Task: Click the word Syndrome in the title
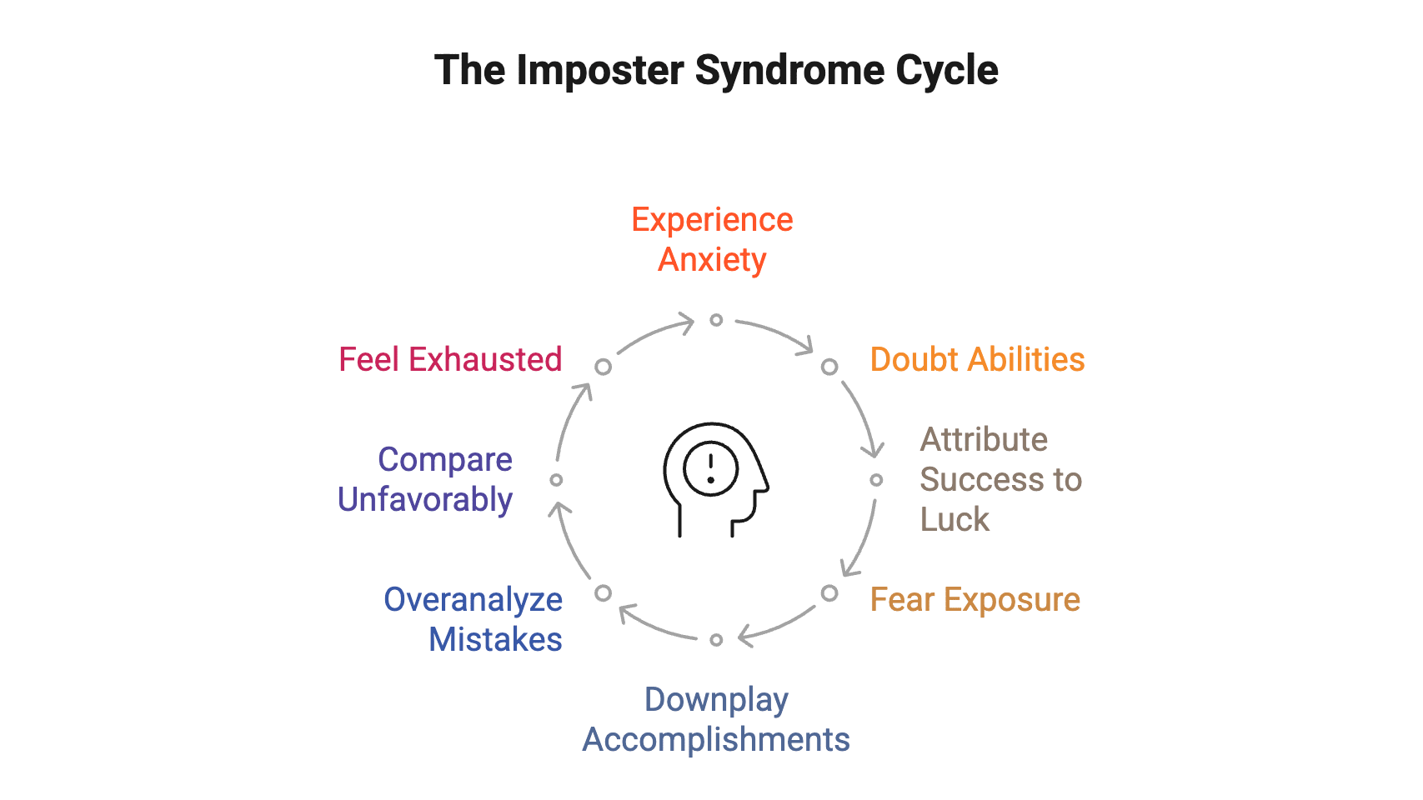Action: (788, 71)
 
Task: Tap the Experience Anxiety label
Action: (712, 240)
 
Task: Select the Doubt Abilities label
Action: (977, 360)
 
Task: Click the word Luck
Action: (955, 520)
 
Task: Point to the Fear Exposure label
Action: (975, 600)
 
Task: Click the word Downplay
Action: (716, 700)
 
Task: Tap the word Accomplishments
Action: (716, 740)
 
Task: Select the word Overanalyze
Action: (473, 600)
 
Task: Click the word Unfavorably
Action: (425, 500)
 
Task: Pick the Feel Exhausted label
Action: (450, 360)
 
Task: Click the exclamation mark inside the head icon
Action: (710, 467)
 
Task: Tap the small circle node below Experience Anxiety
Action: (716, 320)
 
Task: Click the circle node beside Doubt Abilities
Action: (829, 367)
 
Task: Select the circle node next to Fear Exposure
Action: (829, 593)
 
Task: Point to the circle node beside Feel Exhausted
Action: (603, 367)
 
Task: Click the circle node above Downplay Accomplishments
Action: (716, 640)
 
